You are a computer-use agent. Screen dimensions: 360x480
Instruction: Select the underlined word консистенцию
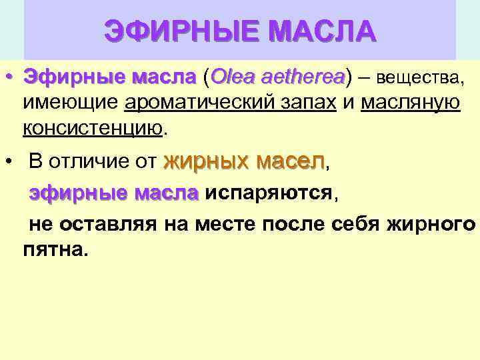click(x=92, y=127)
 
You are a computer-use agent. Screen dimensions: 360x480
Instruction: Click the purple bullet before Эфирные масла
click(x=9, y=79)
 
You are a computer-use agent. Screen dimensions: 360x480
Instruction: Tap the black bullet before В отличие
click(x=9, y=161)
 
